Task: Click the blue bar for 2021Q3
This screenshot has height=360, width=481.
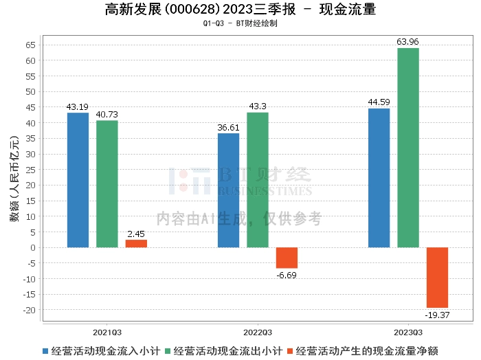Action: coord(78,180)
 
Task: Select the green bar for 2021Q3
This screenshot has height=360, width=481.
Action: coord(107,184)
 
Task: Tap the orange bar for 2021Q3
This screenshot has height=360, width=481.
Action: coord(136,243)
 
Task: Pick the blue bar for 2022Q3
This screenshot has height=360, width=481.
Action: coord(229,190)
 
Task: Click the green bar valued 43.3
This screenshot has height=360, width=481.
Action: coord(258,180)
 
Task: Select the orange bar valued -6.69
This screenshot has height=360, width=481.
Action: coord(287,258)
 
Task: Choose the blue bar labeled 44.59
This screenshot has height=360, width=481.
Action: coord(379,178)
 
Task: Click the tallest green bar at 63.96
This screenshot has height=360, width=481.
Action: coord(407,148)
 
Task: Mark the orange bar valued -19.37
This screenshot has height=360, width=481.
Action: coord(437,278)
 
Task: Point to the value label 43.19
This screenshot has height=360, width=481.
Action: coord(78,107)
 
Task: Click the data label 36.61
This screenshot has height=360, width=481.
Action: coord(228,128)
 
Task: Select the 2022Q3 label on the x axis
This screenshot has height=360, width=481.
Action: coord(258,330)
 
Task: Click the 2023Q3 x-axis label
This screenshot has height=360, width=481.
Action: coord(408,330)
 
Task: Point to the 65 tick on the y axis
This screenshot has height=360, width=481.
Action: coord(30,45)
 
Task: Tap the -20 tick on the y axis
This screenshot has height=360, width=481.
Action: coord(29,310)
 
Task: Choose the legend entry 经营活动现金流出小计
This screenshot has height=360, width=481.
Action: coord(224,350)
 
